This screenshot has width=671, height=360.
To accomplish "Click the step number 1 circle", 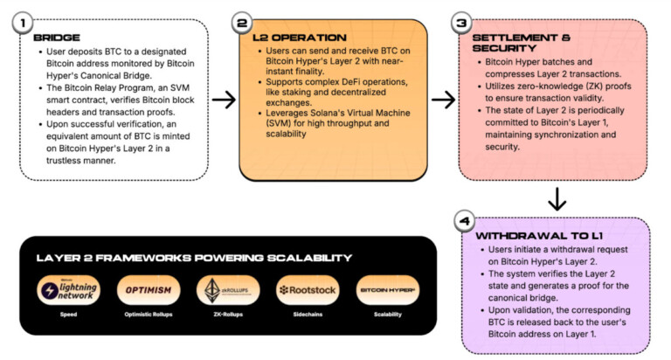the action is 22,23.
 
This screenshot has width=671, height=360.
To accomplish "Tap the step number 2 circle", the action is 242,23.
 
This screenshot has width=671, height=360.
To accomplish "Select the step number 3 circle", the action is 461,23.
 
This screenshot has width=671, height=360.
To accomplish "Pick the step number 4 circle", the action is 465,221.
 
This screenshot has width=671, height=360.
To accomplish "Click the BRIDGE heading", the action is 57,38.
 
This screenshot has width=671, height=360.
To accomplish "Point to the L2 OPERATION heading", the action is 300,38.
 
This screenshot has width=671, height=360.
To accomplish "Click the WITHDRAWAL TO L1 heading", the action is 539,236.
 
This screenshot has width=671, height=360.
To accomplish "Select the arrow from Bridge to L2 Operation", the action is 224,100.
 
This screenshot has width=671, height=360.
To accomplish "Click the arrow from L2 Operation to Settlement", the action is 443,100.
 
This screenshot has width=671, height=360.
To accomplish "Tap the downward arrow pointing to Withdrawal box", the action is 557,198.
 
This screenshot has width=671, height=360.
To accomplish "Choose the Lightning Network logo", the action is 68,290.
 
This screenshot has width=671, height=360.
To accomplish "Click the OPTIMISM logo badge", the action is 149,290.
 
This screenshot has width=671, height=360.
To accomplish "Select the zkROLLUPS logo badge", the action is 228,290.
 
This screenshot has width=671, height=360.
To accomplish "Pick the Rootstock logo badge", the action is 308,290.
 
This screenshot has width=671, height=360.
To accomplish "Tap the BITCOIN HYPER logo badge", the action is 388,290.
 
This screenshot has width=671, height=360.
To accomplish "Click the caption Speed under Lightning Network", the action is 68,315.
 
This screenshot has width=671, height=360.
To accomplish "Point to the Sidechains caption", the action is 308,315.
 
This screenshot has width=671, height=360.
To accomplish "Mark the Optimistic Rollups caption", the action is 149,315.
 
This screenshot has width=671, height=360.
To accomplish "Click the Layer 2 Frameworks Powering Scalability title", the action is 194,258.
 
